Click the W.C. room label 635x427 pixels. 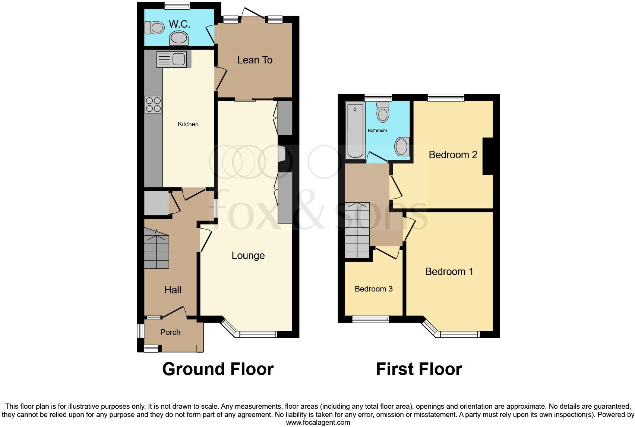tap(180, 24)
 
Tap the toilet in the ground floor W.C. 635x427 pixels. tap(155, 28)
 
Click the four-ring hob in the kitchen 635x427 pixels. tap(154, 105)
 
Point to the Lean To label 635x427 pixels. tap(255, 60)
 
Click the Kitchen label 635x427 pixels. tap(188, 124)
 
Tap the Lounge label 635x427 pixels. tap(248, 255)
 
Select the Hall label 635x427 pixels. tap(173, 290)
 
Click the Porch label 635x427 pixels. tap(170, 332)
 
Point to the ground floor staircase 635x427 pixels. tap(157, 249)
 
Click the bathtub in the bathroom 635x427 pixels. tap(355, 131)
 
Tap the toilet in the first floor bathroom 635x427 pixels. tap(383, 112)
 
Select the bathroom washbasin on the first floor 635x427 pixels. tap(401, 146)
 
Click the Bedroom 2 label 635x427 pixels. tap(453, 155)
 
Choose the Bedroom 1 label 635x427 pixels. tap(449, 271)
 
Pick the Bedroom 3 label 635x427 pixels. tap(373, 289)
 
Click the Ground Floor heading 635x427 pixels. tap(218, 369)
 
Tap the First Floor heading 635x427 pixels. tap(419, 369)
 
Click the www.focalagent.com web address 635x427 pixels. tap(318, 423)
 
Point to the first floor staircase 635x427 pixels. tap(357, 230)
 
